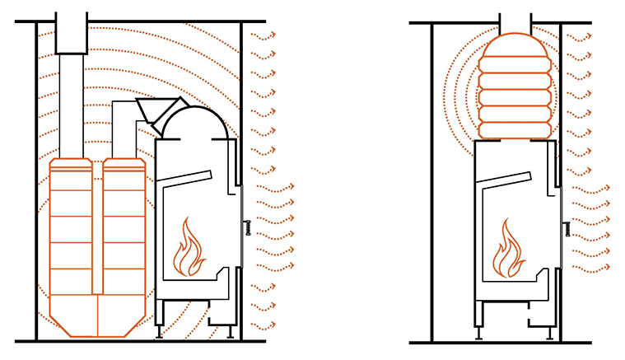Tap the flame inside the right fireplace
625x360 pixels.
click(509, 250)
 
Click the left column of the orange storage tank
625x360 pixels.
click(71, 231)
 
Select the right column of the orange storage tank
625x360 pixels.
click(124, 231)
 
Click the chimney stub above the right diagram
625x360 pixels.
click(515, 22)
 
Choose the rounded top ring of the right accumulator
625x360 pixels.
click(515, 46)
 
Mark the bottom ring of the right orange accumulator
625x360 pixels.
click(515, 130)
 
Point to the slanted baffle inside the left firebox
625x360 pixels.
click(189, 180)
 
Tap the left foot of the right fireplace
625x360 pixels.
click(478, 332)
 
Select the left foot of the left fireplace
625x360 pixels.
click(159, 331)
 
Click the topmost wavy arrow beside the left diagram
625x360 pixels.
click(263, 35)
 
